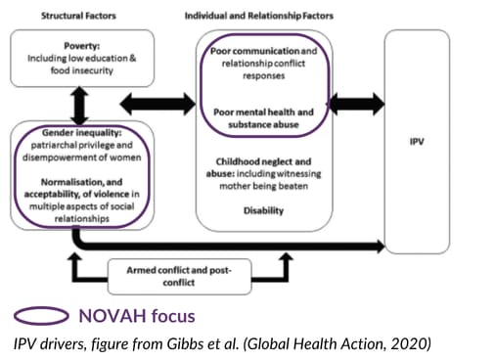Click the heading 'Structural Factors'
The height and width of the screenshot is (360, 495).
pyautogui.click(x=78, y=16)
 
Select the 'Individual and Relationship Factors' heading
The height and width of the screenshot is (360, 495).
pyautogui.click(x=259, y=16)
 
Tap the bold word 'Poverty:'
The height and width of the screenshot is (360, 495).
pyautogui.click(x=82, y=46)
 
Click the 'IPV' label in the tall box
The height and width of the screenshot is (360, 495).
pyautogui.click(x=417, y=142)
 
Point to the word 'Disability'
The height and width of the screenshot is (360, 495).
pyautogui.click(x=263, y=210)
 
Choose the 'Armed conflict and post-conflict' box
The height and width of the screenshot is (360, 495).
pyautogui.click(x=179, y=277)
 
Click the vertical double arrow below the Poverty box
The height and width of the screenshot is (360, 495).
pyautogui.click(x=79, y=106)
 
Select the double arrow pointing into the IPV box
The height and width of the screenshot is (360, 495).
pyautogui.click(x=357, y=104)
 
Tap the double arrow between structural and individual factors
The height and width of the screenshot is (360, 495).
pyautogui.click(x=158, y=104)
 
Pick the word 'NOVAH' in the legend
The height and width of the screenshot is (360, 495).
pyautogui.click(x=112, y=316)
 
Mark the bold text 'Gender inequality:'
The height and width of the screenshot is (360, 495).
pyautogui.click(x=82, y=133)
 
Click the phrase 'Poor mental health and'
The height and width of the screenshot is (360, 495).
pyautogui.click(x=263, y=112)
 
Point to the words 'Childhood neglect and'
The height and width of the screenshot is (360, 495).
pyautogui.click(x=263, y=161)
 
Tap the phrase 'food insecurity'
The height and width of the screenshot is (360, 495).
pyautogui.click(x=82, y=70)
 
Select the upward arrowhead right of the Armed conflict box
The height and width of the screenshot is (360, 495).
pyautogui.click(x=286, y=256)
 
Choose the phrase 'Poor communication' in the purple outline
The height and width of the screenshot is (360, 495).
pyautogui.click(x=254, y=51)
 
